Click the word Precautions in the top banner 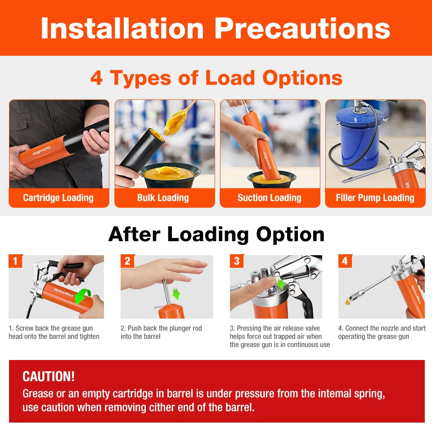pos(302,28)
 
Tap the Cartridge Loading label pos(58,198)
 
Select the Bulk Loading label pos(163,198)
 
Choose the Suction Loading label pos(270,198)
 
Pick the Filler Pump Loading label pos(375,198)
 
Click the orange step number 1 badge pos(15,261)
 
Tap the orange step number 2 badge pos(127,261)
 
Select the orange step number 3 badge pos(237,261)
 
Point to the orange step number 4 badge pos(345,261)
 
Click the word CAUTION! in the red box pos(49,376)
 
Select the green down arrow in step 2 pos(176,293)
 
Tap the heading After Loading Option pos(216,234)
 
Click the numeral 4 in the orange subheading pos(96,78)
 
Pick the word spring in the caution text pos(369,394)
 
